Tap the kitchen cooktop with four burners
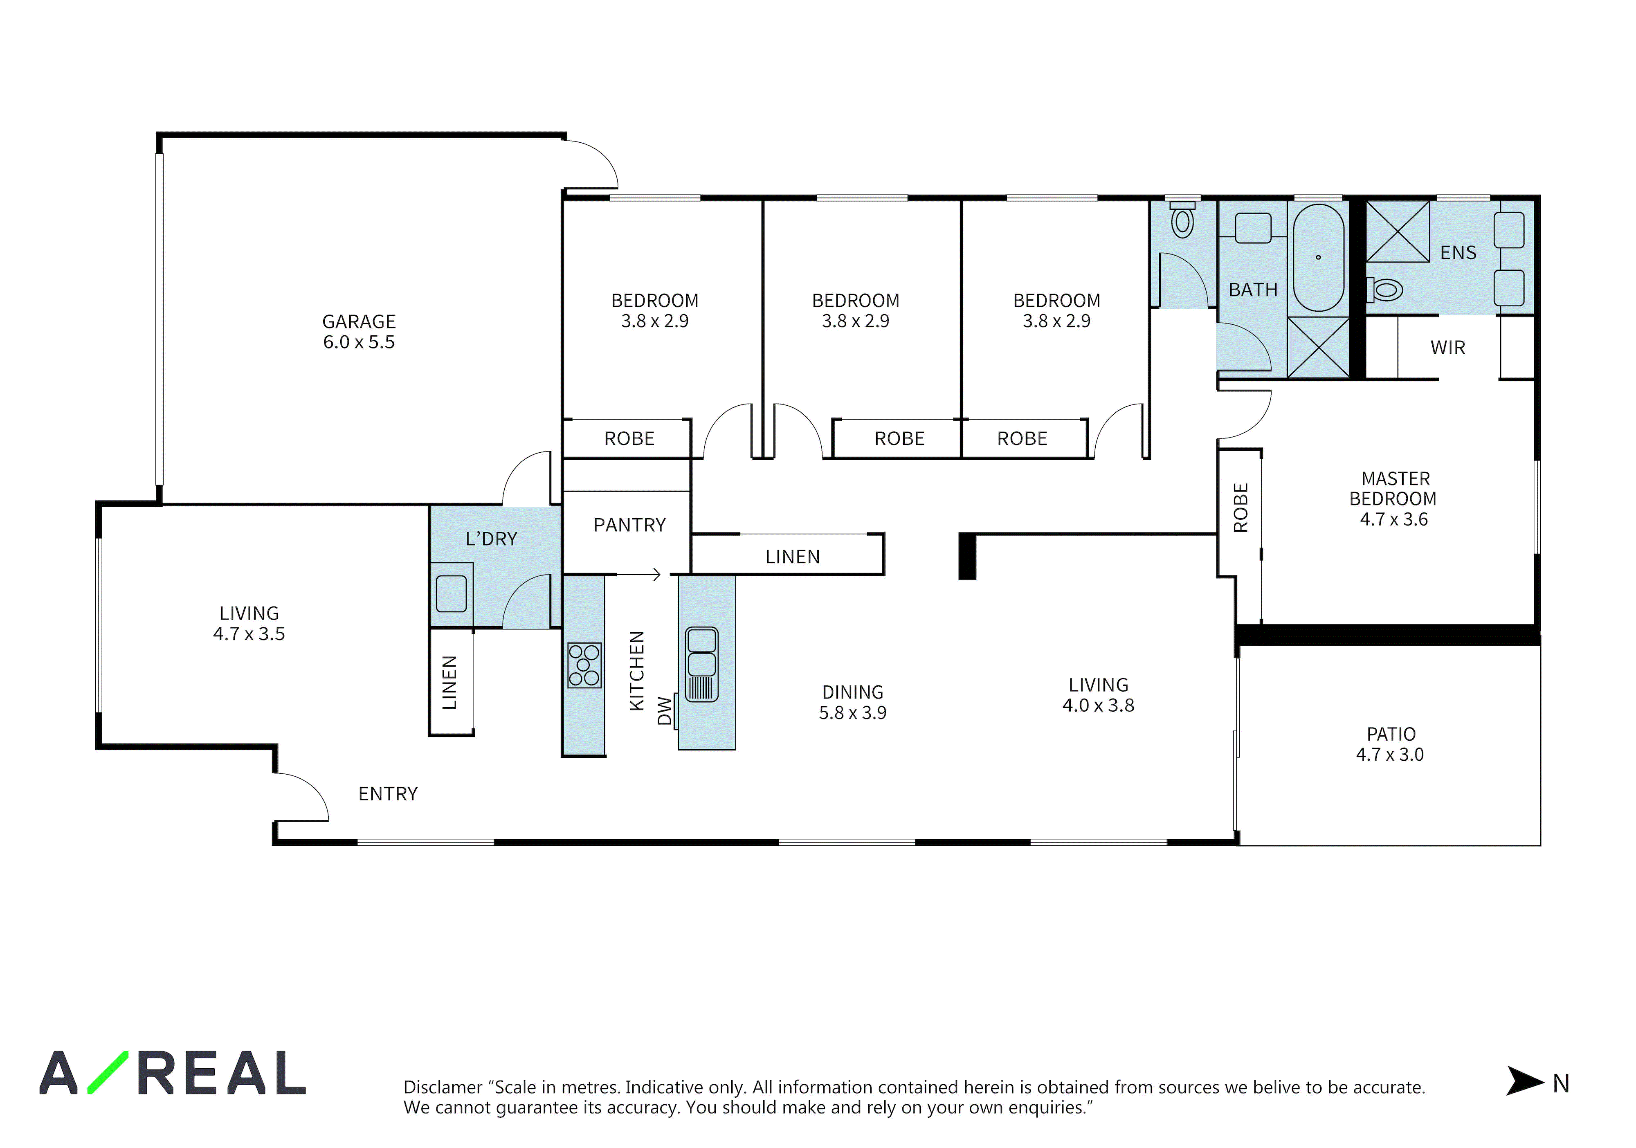pos(584,665)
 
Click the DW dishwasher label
pos(664,710)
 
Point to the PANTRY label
pos(630,525)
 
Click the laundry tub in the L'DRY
pos(451,593)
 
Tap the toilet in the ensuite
pos(1384,289)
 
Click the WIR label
pos(1448,348)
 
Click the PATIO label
pos(1391,734)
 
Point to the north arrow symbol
pos(1525,1081)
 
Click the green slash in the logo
pos(108,1072)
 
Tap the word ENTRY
pos(388,794)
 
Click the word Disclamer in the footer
pos(443,1087)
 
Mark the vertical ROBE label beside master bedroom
pos(1240,508)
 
